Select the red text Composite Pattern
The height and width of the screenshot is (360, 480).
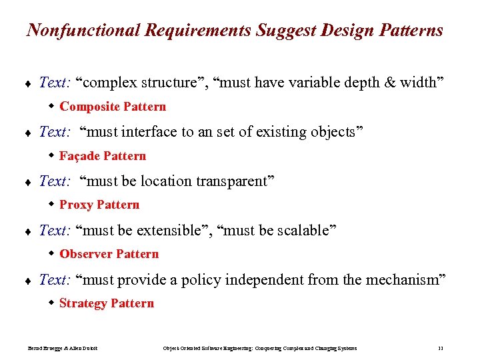[113, 107]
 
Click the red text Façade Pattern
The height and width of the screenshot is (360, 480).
[103, 156]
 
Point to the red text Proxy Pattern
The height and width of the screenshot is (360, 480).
[99, 205]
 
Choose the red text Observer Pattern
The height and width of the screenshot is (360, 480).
[109, 254]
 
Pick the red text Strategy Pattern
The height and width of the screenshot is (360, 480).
[107, 303]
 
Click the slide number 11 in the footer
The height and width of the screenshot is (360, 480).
[441, 349]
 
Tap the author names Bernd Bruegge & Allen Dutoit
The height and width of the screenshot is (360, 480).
[63, 349]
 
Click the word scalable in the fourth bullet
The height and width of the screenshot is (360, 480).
[303, 231]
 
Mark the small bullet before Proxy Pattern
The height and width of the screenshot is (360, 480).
[52, 205]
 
